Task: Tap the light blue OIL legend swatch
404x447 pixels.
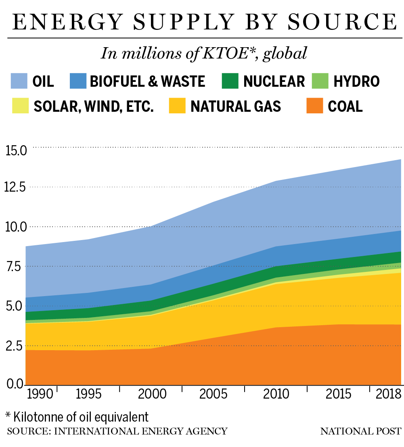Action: (19, 81)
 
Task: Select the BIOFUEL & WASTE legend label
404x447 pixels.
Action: (147, 81)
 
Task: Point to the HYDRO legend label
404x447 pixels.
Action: (356, 81)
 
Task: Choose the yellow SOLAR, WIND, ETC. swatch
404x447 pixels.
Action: (19, 106)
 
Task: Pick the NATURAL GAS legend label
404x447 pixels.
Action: (236, 106)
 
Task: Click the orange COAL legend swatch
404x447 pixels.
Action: (314, 106)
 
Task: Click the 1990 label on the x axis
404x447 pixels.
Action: (40, 394)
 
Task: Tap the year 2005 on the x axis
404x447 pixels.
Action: (214, 394)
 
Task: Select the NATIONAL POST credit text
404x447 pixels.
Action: (361, 431)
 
